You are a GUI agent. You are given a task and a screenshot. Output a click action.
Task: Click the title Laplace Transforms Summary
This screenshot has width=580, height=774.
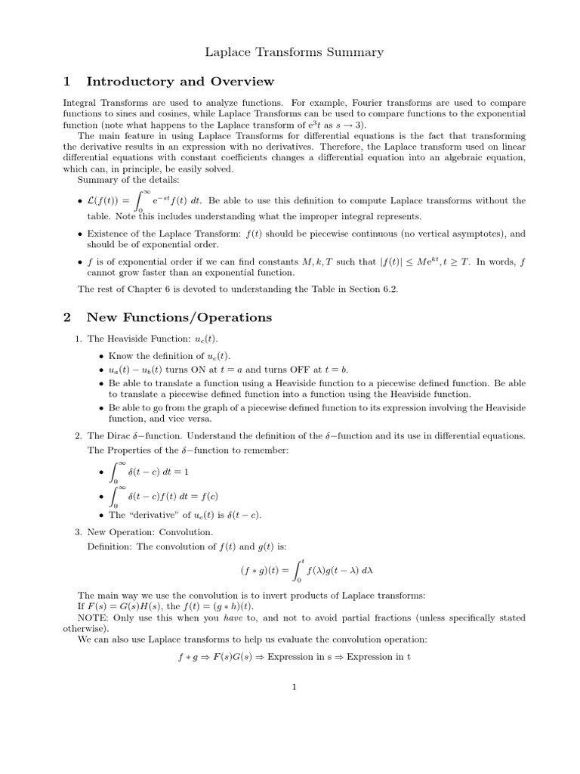tap(295, 52)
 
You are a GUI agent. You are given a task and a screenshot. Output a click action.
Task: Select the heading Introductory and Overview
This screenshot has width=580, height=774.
tap(180, 82)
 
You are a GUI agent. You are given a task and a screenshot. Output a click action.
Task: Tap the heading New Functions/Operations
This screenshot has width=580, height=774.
tap(179, 317)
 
